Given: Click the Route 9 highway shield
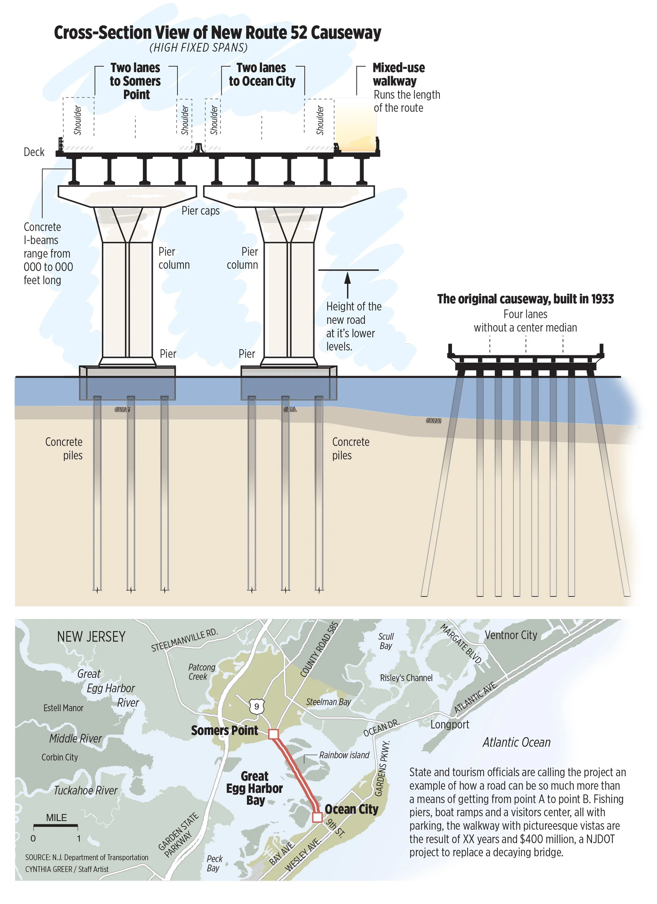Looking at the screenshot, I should point(256,706).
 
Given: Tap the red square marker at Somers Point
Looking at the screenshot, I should point(273,734).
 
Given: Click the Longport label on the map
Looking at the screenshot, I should point(449,725).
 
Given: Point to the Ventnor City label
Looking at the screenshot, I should point(511,635).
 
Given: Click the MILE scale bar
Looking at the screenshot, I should point(56,825).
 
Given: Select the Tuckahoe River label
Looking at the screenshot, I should point(86,790).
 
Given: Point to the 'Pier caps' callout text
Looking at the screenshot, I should point(200,211).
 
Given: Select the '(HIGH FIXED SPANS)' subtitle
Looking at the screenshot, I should point(198,48).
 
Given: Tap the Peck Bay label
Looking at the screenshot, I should point(214,863).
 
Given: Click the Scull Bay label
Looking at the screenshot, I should point(386,641).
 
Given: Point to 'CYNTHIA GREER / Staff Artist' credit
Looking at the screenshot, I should point(67,869).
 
